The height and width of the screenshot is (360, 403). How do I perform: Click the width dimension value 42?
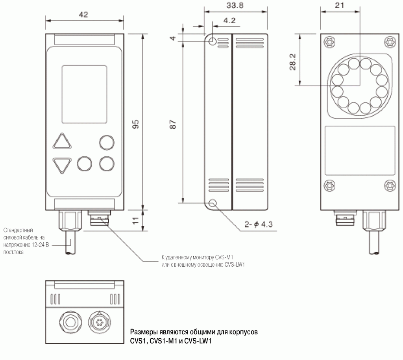point(83,15)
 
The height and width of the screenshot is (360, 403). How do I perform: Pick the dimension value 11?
point(135,221)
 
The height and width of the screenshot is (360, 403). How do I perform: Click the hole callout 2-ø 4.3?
point(259,225)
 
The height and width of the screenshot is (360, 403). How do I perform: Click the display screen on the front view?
point(84,94)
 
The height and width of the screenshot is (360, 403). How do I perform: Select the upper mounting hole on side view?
point(213,41)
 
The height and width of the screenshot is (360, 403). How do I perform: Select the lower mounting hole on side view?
point(213,204)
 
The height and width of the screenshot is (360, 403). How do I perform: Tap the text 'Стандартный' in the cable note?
point(18,230)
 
